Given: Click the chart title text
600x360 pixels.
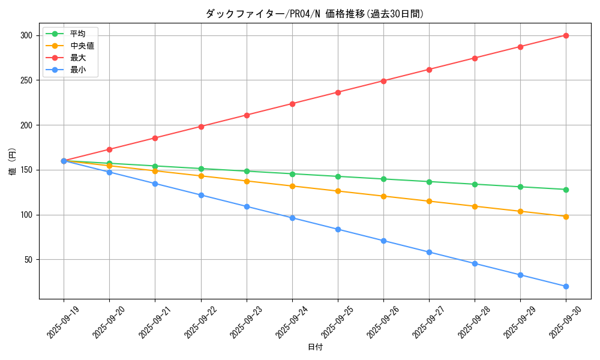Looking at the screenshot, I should point(314,14).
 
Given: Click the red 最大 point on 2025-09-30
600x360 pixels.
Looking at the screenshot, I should point(566,35).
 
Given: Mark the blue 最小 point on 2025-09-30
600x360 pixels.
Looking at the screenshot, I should point(566,286).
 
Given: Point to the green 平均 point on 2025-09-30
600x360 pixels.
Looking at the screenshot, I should point(566,190).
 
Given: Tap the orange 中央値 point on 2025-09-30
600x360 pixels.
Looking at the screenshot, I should point(566,217).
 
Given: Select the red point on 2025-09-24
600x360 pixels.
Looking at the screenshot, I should point(292,104).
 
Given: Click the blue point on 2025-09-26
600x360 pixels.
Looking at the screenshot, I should point(383,241).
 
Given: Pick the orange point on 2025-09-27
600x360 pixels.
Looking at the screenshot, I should point(429,201).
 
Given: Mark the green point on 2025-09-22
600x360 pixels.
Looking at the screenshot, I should point(201,169).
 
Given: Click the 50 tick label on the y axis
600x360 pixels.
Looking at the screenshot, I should point(28,260).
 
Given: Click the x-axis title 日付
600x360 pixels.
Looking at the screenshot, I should point(315,347).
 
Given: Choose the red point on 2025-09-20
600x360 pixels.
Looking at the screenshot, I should point(109,149).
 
